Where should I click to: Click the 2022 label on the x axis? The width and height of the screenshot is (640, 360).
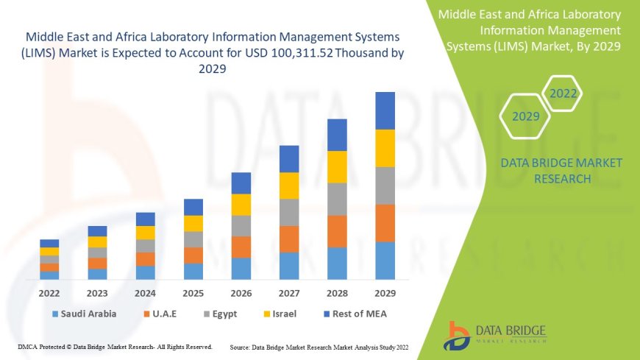(x=49, y=293)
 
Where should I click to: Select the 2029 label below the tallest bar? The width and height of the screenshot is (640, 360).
(x=385, y=293)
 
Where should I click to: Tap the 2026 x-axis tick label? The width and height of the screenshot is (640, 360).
(x=241, y=293)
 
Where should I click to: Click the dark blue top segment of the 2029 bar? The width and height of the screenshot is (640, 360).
(x=385, y=110)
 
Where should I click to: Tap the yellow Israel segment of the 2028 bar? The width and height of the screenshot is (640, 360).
(x=337, y=166)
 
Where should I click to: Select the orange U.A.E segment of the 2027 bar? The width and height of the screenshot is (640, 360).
(x=289, y=239)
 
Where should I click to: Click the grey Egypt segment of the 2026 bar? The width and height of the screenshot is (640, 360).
(x=241, y=225)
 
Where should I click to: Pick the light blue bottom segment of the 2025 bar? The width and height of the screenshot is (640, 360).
(x=193, y=271)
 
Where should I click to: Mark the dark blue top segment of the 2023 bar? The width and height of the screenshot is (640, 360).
(x=97, y=231)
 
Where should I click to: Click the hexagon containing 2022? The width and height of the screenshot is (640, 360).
(x=563, y=93)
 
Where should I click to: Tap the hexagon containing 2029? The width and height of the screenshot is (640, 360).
(x=526, y=116)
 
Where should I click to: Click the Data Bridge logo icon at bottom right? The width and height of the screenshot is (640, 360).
(x=458, y=335)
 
